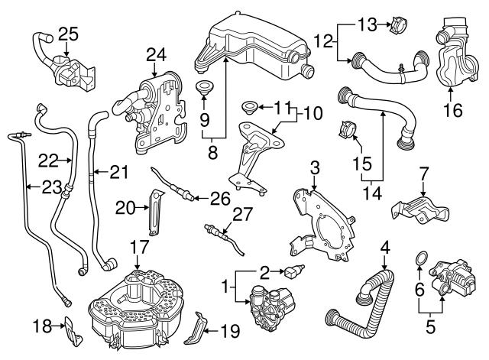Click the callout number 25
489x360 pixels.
point(68,34)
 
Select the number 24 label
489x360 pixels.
point(156,54)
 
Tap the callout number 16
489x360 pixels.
point(452,109)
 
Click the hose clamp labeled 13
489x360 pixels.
point(397,27)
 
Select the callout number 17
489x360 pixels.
point(138,247)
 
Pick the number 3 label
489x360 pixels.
point(314,167)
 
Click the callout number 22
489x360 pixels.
point(49,160)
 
